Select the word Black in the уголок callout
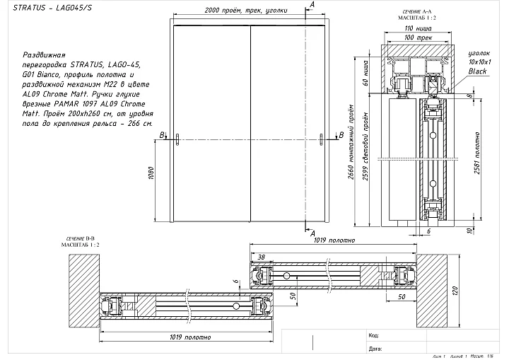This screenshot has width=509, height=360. pos(477,71)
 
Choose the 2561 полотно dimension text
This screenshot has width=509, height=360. pos(478,158)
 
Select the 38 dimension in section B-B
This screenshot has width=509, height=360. pos(262,255)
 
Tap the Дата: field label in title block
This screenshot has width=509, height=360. pos(375,349)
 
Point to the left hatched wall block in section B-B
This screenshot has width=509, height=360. pos(83,289)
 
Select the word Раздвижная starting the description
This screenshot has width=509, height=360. pos(45,54)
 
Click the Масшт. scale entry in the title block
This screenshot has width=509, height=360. pos(478,356)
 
